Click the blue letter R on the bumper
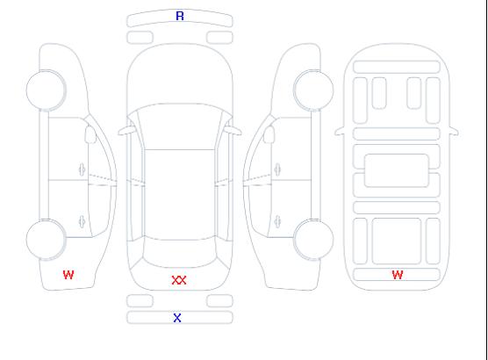[180, 16]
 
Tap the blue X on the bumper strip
[177, 318]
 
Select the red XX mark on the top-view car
[179, 280]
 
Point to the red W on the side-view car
[68, 275]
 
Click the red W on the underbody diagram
[398, 275]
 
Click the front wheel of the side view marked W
[46, 90]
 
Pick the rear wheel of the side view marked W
[46, 240]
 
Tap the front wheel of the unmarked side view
[313, 90]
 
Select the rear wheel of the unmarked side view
[313, 240]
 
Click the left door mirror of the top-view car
[126, 131]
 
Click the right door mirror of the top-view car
[233, 131]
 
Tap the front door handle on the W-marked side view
[82, 170]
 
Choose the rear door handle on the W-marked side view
[82, 221]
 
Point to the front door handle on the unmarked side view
[277, 170]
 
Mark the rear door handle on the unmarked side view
[277, 221]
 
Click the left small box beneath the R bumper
[140, 38]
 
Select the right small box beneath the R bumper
[219, 38]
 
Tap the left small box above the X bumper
[140, 301]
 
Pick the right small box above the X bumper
[219, 301]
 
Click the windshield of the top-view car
[180, 126]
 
